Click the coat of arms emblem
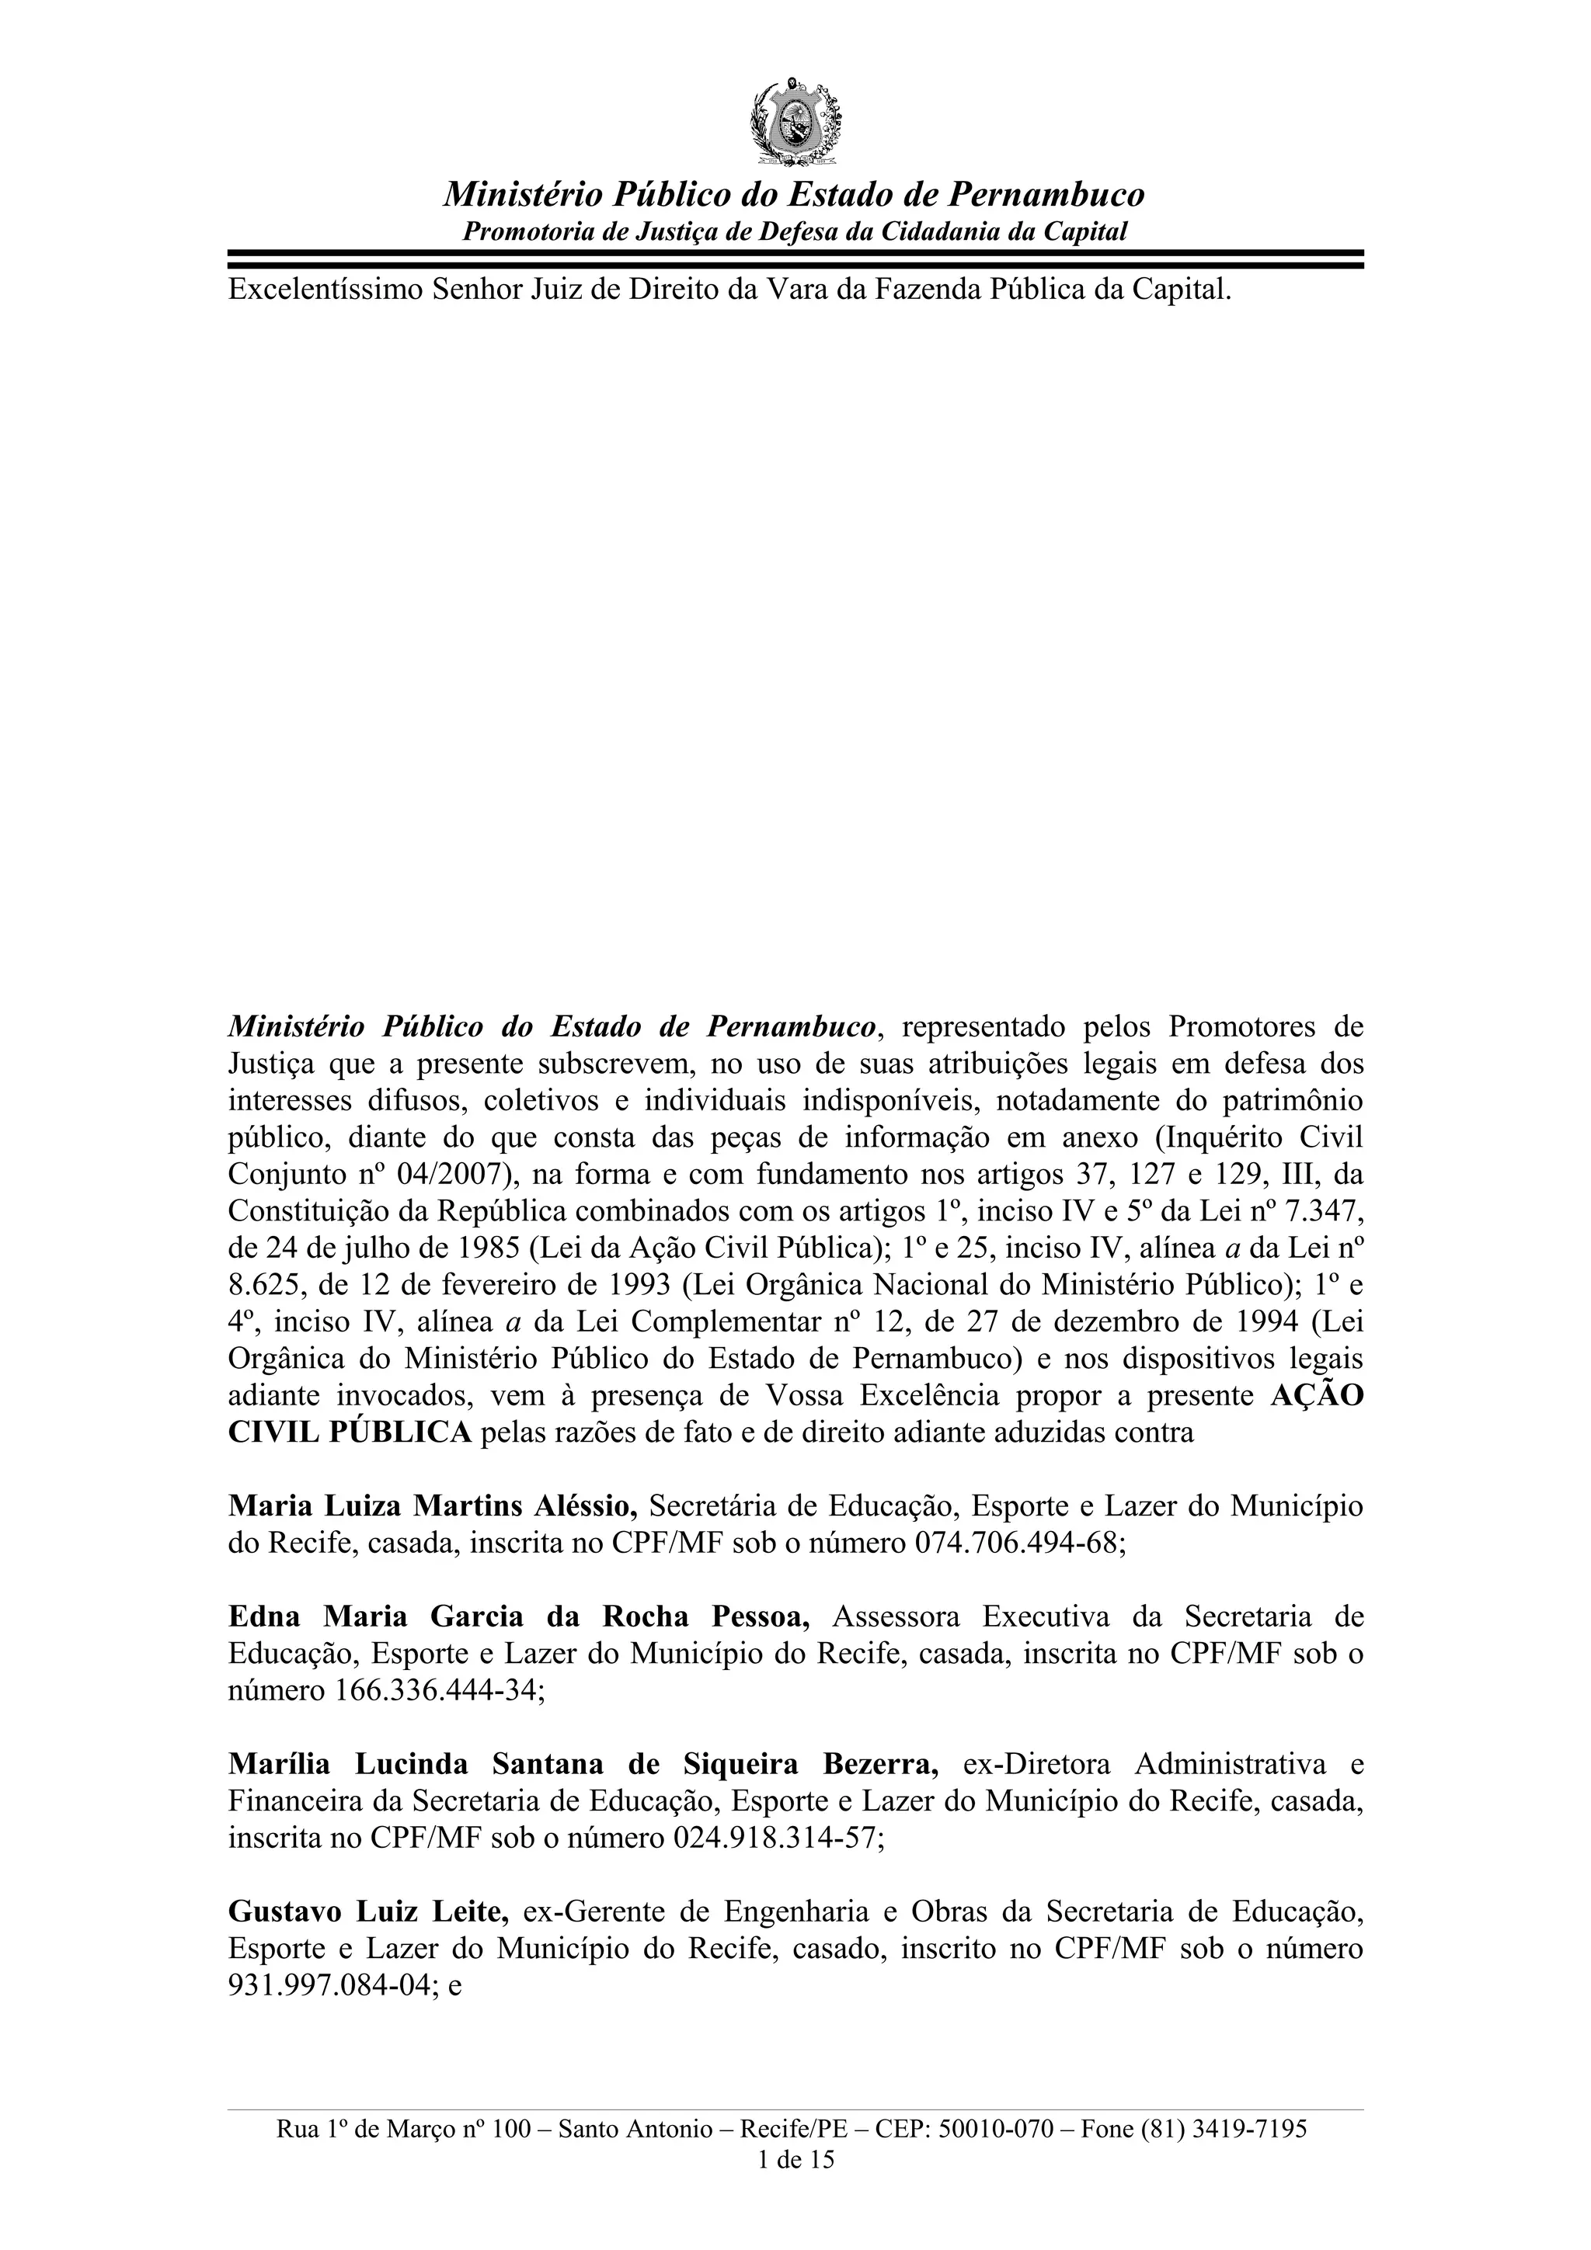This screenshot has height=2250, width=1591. tap(795, 122)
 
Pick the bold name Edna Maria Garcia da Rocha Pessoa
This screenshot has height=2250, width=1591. tap(519, 1617)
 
